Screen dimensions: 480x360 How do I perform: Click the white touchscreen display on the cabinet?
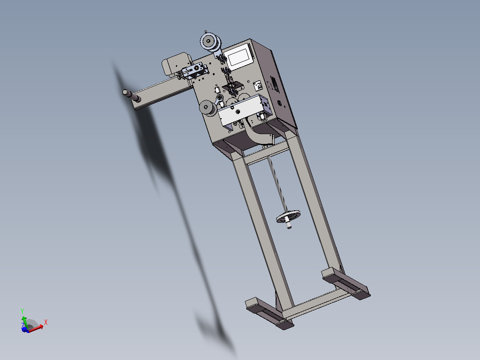pos(240,56)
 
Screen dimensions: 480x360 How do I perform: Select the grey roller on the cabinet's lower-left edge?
pos(208,108)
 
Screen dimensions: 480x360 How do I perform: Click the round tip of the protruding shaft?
pos(125,92)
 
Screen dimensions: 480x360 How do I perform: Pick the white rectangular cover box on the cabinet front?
pos(242,110)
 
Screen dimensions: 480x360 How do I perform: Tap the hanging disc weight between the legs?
pos(288,216)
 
